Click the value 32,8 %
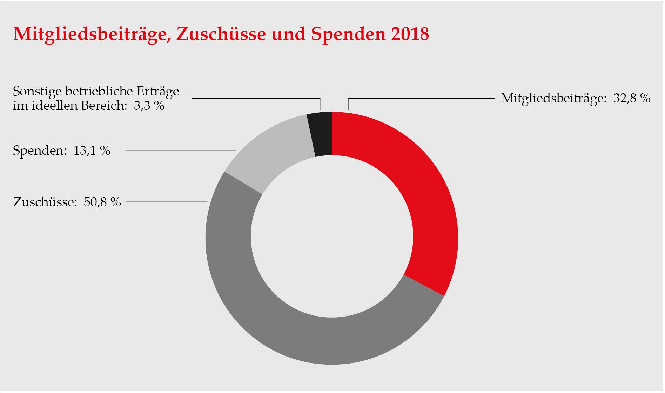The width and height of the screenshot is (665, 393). pyautogui.click(x=632, y=98)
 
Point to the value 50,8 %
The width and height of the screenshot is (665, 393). pyautogui.click(x=102, y=202)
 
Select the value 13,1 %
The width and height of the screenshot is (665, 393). pyautogui.click(x=92, y=151)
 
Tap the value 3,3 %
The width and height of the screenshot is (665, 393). pyautogui.click(x=149, y=106)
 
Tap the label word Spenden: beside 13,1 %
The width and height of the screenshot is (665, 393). pyautogui.click(x=40, y=151)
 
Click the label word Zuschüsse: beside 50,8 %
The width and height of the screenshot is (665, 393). pyautogui.click(x=45, y=202)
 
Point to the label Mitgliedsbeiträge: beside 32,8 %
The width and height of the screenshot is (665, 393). pyautogui.click(x=553, y=98)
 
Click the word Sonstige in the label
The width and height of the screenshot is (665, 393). pyautogui.click(x=37, y=92)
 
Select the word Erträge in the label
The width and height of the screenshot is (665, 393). pyautogui.click(x=157, y=92)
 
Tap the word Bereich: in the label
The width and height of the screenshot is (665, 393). pyautogui.click(x=104, y=106)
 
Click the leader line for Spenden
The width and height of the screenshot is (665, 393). pyautogui.click(x=180, y=151)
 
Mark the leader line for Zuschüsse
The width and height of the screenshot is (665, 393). pyautogui.click(x=166, y=201)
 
